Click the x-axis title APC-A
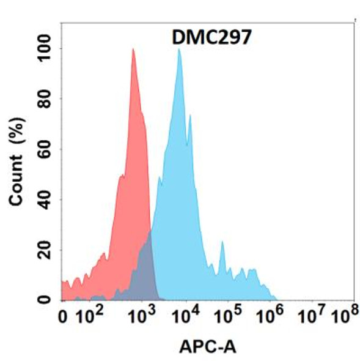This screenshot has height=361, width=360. [x=207, y=346]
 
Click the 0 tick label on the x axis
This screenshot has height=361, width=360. [x=64, y=317]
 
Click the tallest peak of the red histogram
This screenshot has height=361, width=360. [x=133, y=50]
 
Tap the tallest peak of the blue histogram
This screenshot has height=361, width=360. [x=179, y=50]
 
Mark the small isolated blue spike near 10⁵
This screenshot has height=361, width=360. [x=222, y=244]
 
